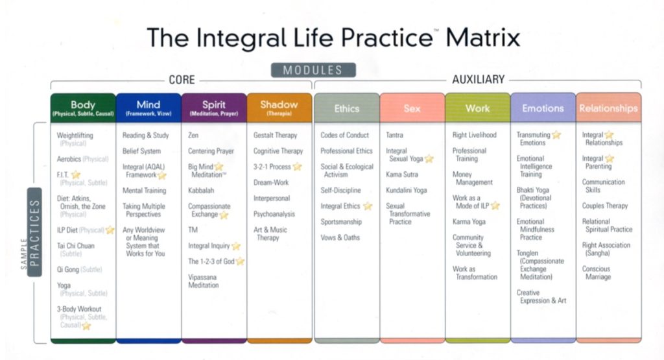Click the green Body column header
(83, 108)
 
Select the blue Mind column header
(148, 108)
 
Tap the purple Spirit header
(214, 108)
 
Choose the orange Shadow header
(279, 108)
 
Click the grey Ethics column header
(347, 108)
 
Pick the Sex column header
(412, 108)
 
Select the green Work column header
(477, 108)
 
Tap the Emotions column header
(543, 108)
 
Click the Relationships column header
(608, 108)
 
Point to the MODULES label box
(313, 70)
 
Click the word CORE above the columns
(182, 80)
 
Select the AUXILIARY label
(478, 80)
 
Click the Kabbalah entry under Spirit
(201, 191)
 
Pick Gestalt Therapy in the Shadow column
(275, 136)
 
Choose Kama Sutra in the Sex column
(402, 174)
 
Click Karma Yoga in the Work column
(469, 222)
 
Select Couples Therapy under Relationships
(605, 206)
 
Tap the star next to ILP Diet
(110, 230)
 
